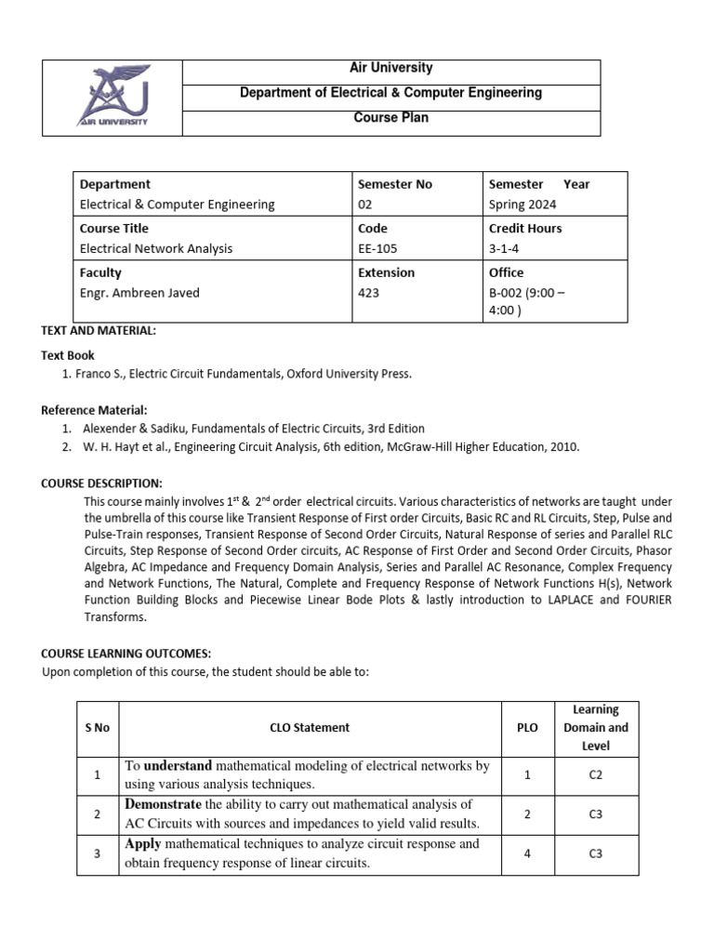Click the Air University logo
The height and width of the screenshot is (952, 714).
click(112, 98)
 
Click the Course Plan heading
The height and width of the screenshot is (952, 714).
click(390, 118)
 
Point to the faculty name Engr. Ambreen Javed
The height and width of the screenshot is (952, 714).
click(139, 293)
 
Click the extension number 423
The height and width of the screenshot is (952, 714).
click(369, 293)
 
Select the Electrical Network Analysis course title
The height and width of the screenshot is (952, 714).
click(156, 248)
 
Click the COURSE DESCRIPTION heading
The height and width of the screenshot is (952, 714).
click(102, 483)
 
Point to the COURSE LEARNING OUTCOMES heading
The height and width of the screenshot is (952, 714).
click(126, 654)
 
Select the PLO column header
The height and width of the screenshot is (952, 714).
click(527, 728)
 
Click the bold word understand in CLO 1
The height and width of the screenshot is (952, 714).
click(178, 766)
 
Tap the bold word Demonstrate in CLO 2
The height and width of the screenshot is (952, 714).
click(163, 804)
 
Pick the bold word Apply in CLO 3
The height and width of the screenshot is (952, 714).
click(144, 844)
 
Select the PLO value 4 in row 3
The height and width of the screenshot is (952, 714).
click(527, 853)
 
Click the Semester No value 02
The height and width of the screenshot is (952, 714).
click(365, 205)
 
